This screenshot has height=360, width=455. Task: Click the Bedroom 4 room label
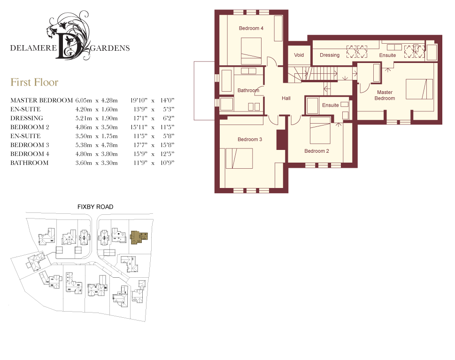pos(251,28)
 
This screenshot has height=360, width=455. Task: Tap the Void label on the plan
pos(299,55)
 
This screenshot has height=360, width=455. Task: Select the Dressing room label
pos(330,55)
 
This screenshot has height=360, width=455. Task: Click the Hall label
pos(286,98)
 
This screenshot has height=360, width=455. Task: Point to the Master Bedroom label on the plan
pos(385,95)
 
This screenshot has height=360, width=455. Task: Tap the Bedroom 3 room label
pos(250,140)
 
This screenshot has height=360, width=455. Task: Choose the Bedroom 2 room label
pos(316,151)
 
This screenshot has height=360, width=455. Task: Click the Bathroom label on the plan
pos(248,90)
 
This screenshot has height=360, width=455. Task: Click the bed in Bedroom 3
pos(239,158)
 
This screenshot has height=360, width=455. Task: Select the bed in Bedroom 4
pos(251,51)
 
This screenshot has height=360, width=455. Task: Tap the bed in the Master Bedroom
pos(419,89)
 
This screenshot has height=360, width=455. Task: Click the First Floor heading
pos(34,82)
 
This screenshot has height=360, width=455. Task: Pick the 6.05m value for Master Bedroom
pos(84,101)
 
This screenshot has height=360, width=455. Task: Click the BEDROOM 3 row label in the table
pos(30,145)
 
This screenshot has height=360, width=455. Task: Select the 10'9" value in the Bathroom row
pos(167,163)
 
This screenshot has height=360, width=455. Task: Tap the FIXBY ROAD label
pos(95,207)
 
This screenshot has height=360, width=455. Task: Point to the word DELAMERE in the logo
pos(33,48)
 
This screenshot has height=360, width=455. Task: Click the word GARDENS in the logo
pos(110,48)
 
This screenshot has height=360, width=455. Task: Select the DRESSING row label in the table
pos(27,118)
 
